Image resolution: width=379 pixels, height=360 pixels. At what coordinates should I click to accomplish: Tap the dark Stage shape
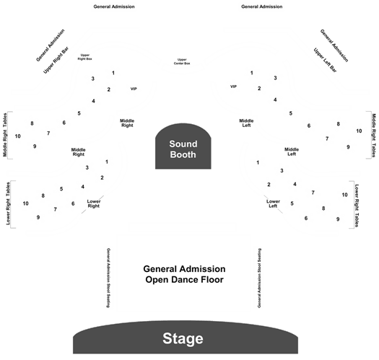(x=186, y=338)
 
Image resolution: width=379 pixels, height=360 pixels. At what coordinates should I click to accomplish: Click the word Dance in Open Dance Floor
(x=184, y=279)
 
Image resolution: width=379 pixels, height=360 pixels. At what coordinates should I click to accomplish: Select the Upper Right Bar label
(x=56, y=60)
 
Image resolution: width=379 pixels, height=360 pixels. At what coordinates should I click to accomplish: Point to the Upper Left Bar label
(x=325, y=60)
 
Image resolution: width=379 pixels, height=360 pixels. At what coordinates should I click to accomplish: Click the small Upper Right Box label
(x=85, y=57)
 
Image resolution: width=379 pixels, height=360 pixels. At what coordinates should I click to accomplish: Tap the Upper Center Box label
(x=182, y=61)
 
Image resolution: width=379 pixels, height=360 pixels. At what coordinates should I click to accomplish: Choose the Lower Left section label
(x=273, y=203)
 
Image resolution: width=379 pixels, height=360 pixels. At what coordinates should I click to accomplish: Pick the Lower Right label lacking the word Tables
(x=94, y=203)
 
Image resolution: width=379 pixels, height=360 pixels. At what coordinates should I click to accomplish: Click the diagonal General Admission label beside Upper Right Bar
(x=51, y=45)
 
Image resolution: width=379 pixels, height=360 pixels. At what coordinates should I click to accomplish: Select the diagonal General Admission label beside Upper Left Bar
(x=334, y=45)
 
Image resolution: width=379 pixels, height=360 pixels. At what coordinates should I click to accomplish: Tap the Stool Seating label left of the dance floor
(x=108, y=278)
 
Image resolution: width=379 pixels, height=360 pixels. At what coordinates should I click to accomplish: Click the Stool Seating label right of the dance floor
(x=259, y=278)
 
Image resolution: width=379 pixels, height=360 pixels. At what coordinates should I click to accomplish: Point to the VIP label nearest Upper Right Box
(x=134, y=89)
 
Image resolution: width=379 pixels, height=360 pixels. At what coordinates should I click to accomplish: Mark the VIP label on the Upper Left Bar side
(x=233, y=87)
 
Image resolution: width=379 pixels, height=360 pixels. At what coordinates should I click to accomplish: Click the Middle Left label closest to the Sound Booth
(x=246, y=123)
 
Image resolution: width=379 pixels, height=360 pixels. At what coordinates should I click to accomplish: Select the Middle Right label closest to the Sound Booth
(x=127, y=123)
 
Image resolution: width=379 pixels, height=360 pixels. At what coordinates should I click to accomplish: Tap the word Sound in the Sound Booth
(x=183, y=144)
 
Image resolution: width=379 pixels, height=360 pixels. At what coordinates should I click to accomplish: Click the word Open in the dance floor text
(x=157, y=280)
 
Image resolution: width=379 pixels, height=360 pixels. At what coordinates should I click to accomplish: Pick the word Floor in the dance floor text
(x=212, y=279)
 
